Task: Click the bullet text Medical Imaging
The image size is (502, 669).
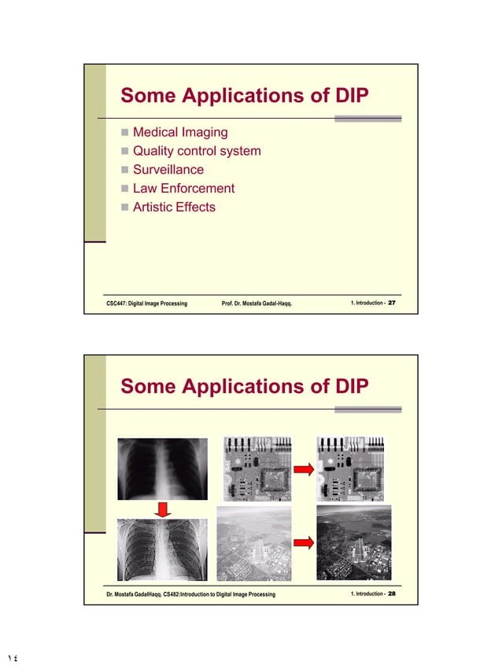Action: pyautogui.click(x=180, y=131)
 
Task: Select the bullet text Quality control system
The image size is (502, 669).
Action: pyautogui.click(x=196, y=150)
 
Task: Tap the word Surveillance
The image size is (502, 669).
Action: pyautogui.click(x=168, y=169)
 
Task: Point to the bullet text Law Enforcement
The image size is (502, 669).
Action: pyautogui.click(x=183, y=188)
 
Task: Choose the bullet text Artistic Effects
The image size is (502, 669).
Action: pyautogui.click(x=173, y=207)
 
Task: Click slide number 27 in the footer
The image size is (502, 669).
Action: pyautogui.click(x=392, y=303)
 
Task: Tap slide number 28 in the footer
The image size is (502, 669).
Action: pyautogui.click(x=392, y=594)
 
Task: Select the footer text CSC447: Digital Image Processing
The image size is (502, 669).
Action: pyautogui.click(x=146, y=303)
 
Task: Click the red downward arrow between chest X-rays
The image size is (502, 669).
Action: pyautogui.click(x=163, y=510)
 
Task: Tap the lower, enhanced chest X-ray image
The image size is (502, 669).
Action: pyautogui.click(x=162, y=550)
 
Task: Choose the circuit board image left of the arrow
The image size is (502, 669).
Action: pyautogui.click(x=258, y=470)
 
